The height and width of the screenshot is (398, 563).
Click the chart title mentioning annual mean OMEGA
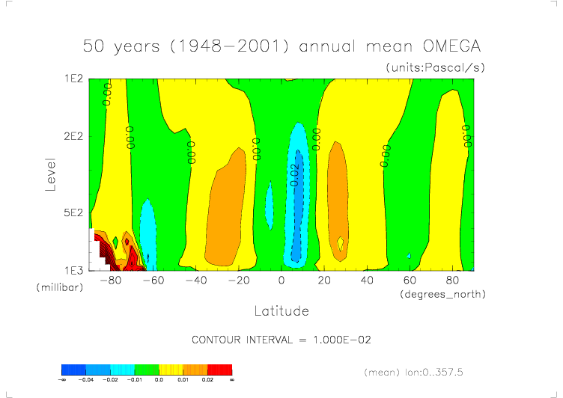pos(281,46)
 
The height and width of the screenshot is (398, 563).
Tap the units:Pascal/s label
pos(436,67)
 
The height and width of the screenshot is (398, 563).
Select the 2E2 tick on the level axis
pos(72,136)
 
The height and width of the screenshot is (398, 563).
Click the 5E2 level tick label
pos(72,212)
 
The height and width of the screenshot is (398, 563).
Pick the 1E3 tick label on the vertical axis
pos(72,269)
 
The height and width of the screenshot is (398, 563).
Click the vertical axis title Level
pos(51,174)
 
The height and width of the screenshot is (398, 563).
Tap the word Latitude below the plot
pos(281,310)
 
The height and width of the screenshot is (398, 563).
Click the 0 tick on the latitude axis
pos(281,281)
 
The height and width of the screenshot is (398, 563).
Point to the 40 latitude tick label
pos(367,281)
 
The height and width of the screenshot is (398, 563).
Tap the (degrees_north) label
pos(443,294)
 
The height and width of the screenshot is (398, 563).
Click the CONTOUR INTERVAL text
pos(281,340)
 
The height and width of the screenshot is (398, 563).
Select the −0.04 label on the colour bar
pos(86,380)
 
